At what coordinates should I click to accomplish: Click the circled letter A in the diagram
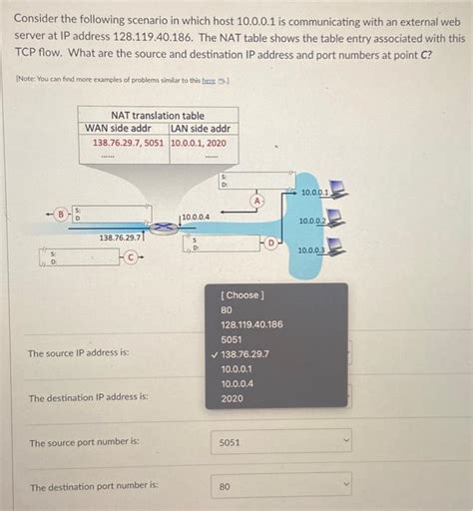257,201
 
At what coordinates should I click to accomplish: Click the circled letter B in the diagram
60,213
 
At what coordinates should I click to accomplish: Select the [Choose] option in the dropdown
243,295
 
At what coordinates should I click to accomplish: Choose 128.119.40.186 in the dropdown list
251,324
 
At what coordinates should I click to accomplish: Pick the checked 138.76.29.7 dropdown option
244,354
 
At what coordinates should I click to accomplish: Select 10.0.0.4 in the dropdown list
236,383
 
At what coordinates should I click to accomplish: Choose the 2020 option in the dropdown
232,398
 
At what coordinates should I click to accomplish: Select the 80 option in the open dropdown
227,310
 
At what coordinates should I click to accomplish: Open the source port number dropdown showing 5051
280,440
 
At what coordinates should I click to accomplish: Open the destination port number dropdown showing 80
280,486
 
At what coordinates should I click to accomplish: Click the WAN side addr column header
124,129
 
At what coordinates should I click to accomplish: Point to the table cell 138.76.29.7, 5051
128,143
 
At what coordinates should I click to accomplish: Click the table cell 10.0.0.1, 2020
198,143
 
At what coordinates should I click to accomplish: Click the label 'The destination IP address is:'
89,397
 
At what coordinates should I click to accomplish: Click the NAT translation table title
158,116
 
